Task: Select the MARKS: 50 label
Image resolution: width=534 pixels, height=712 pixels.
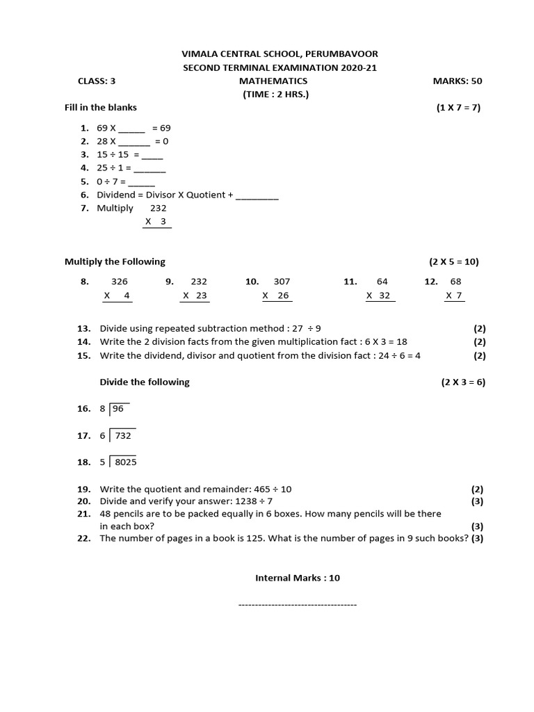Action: click(x=457, y=81)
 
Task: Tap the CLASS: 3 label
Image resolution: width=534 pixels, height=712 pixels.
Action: click(x=97, y=81)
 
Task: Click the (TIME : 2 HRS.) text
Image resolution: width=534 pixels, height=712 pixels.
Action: click(x=275, y=94)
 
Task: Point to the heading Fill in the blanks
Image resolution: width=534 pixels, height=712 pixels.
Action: click(x=101, y=107)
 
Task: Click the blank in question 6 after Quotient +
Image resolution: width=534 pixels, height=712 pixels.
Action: click(x=257, y=195)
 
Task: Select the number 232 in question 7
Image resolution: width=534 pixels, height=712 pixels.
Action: click(x=159, y=208)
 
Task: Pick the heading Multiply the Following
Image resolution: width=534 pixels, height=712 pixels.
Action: click(x=115, y=261)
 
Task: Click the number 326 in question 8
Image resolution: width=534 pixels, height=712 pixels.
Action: click(x=120, y=282)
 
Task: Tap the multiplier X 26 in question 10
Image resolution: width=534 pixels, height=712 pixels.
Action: click(x=277, y=296)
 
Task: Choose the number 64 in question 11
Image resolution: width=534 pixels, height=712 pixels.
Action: click(x=382, y=282)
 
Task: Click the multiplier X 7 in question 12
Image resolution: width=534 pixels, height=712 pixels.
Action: click(x=454, y=296)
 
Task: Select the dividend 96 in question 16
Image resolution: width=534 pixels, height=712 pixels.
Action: click(x=118, y=409)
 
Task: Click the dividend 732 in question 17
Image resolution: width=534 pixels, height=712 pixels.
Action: click(x=123, y=436)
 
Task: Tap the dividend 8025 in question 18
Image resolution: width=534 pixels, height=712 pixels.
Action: click(x=126, y=462)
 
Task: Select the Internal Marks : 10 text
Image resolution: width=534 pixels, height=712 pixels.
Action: click(x=298, y=578)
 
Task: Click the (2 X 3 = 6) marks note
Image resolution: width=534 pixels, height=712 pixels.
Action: click(x=463, y=382)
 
